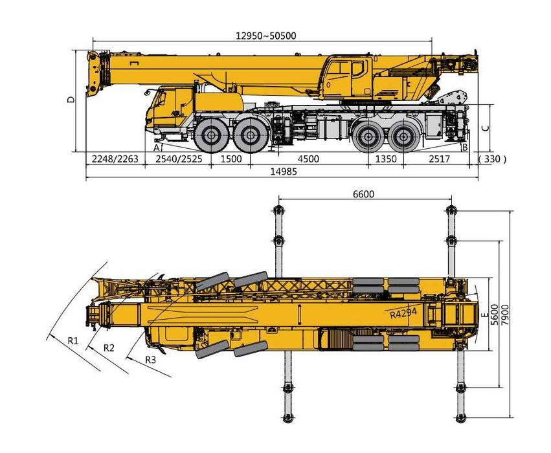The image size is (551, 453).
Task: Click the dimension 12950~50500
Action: pyautogui.click(x=266, y=36)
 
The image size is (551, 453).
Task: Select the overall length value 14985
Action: pyautogui.click(x=280, y=172)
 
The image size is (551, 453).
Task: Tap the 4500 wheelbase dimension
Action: pyautogui.click(x=308, y=159)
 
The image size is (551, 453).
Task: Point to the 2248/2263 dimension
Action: pyautogui.click(x=115, y=159)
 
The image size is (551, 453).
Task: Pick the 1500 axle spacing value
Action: pyautogui.click(x=231, y=159)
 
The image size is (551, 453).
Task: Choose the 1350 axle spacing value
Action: pyautogui.click(x=386, y=159)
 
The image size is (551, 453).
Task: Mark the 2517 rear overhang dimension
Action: pyautogui.click(x=439, y=159)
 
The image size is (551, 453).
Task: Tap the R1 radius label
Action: pyautogui.click(x=75, y=339)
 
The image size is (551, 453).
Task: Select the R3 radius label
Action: pyautogui.click(x=150, y=359)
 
